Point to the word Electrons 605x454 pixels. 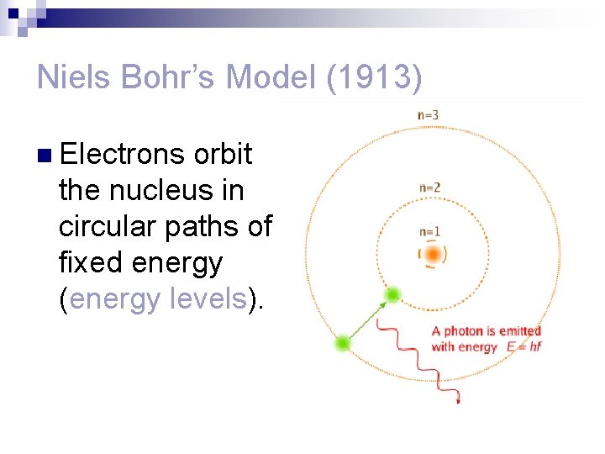pyautogui.click(x=122, y=154)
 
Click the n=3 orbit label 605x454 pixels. pyautogui.click(x=429, y=114)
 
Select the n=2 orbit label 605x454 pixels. pyautogui.click(x=429, y=187)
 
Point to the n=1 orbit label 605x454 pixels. pyautogui.click(x=429, y=231)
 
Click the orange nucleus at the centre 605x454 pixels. pyautogui.click(x=433, y=254)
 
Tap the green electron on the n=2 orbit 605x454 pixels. pyautogui.click(x=392, y=295)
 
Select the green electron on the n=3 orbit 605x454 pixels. pyautogui.click(x=342, y=343)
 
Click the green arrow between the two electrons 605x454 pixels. pyautogui.click(x=367, y=319)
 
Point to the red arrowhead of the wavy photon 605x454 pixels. pyautogui.click(x=458, y=402)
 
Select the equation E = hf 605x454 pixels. pyautogui.click(x=523, y=346)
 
